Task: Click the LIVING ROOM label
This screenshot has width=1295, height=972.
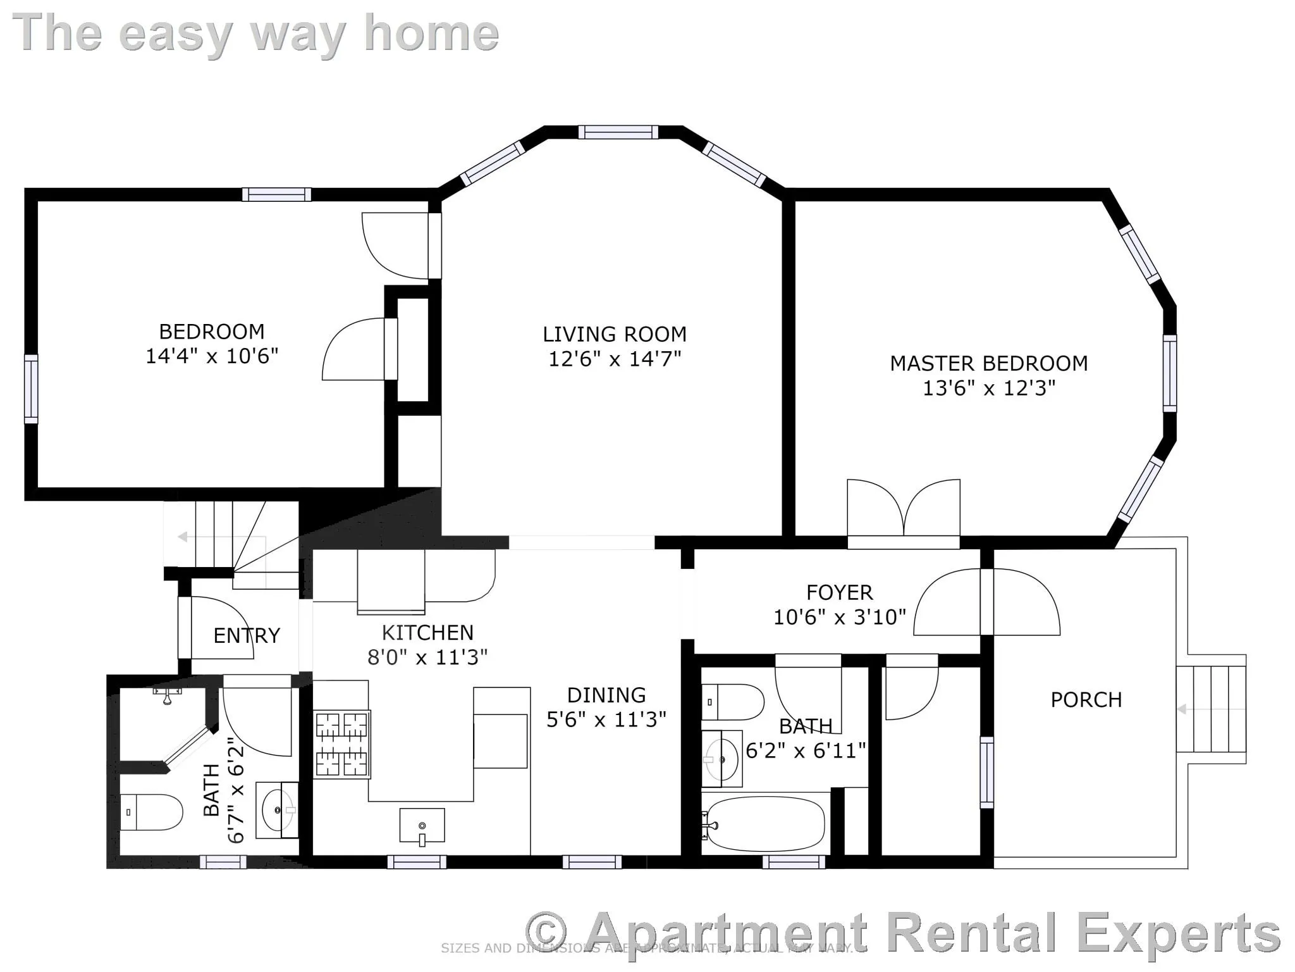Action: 614,334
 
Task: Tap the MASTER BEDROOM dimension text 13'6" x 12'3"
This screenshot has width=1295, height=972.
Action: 988,388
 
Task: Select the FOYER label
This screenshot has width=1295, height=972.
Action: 839,592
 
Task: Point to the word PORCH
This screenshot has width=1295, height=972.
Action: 1086,700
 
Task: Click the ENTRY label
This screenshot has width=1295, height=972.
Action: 246,635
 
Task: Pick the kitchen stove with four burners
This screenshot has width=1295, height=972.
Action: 342,744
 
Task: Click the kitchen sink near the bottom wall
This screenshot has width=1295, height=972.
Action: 422,826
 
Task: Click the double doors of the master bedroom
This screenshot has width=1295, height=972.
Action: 903,513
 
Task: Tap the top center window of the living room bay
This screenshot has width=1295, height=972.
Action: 618,132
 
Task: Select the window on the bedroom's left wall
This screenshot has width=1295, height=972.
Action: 31,389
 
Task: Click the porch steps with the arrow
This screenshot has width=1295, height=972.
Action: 1210,709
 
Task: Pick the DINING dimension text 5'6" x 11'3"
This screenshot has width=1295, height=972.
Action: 606,720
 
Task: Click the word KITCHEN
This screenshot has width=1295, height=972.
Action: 427,633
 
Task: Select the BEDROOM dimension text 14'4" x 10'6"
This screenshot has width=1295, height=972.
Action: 212,356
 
